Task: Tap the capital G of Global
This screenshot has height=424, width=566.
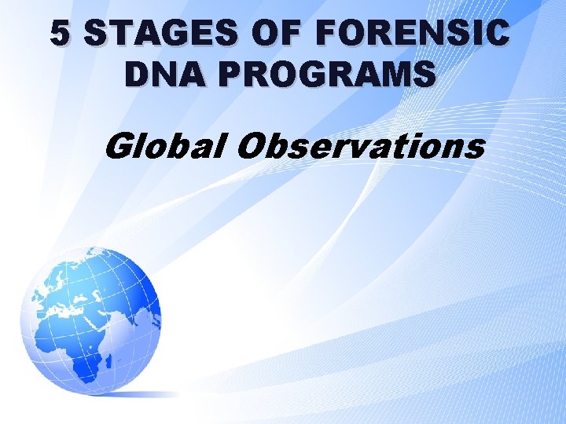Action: [118, 145]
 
